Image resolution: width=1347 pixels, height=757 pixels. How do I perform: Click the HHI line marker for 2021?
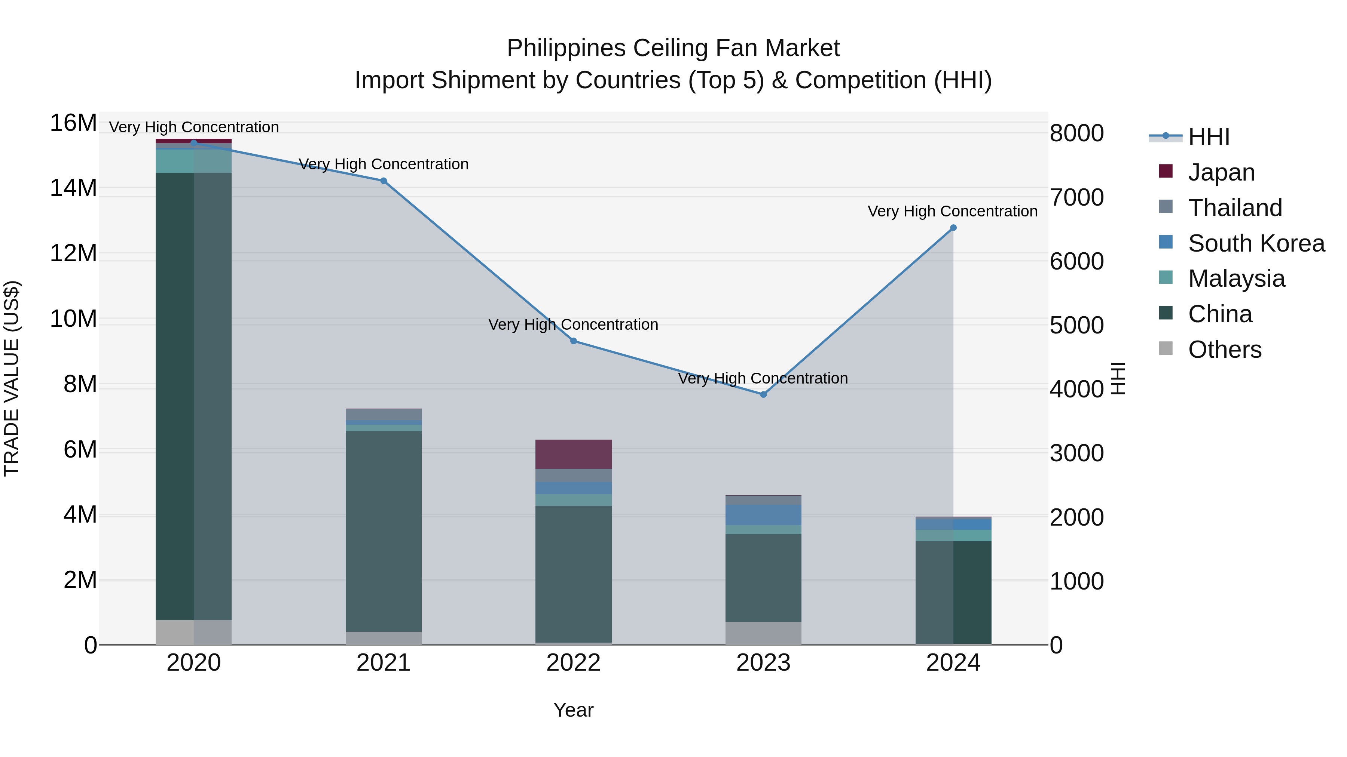point(383,181)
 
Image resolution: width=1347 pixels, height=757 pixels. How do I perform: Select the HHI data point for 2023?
point(763,394)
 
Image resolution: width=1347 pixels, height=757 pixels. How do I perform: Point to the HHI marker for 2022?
point(574,341)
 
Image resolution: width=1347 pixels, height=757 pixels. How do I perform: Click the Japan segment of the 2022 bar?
point(574,454)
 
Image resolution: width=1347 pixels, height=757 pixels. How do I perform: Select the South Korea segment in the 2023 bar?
point(763,515)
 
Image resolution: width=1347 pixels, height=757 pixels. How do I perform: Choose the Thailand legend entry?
point(1235,207)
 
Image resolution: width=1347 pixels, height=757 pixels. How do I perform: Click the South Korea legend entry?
point(1256,243)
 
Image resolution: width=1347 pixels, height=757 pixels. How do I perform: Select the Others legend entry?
point(1224,350)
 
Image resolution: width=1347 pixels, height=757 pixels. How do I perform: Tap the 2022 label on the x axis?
point(574,663)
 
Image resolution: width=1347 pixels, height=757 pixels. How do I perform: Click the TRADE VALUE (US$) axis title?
point(12,378)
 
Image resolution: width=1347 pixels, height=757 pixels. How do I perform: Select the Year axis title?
point(574,710)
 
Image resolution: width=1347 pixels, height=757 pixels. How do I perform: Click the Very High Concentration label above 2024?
point(952,211)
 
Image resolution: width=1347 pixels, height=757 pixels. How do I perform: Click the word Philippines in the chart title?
point(566,48)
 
